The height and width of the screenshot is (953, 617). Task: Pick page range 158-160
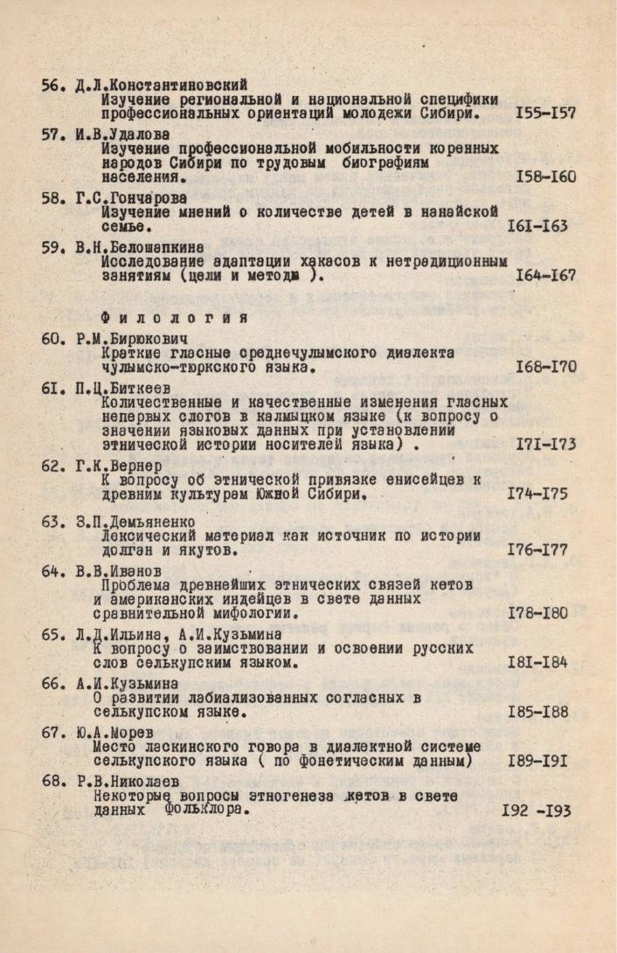(545, 177)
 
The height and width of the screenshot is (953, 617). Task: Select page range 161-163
(537, 226)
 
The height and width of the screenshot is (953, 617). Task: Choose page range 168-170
(545, 367)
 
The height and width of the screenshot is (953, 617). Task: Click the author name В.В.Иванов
(125, 570)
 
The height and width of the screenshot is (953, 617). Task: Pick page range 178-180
(537, 613)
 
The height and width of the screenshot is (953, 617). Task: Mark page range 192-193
(536, 811)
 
